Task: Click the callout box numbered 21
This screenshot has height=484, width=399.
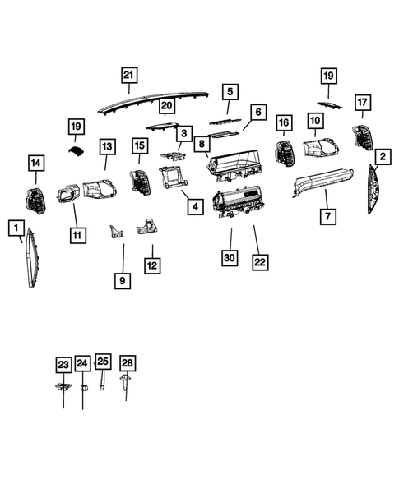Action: tap(128, 76)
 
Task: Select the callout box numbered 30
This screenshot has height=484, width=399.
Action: tap(230, 258)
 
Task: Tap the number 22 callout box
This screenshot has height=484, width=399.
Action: tap(261, 262)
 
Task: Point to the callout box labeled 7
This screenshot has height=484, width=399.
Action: tap(327, 218)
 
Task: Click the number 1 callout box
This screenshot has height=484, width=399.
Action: tap(15, 225)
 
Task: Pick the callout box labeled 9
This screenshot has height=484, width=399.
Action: tap(122, 281)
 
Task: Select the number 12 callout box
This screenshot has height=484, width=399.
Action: tap(152, 265)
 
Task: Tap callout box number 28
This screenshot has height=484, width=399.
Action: tap(127, 362)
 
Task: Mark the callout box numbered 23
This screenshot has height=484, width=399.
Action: tap(63, 364)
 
